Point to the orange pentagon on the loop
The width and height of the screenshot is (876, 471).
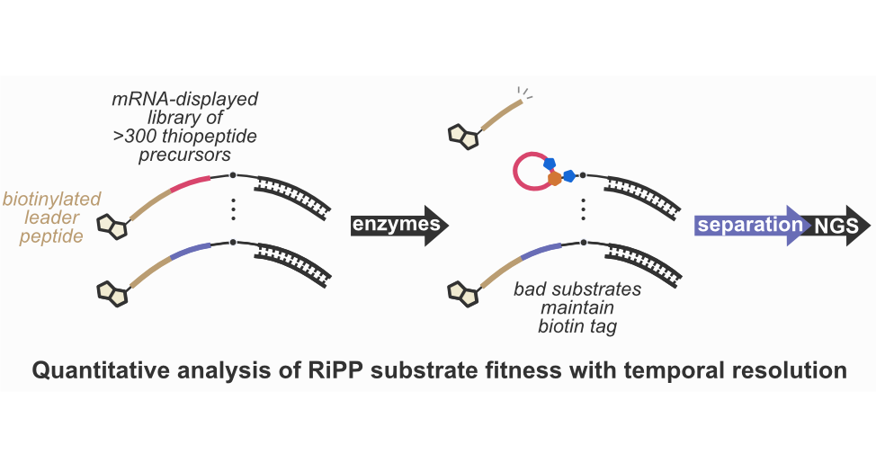pos(555,179)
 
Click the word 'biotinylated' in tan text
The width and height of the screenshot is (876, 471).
pos(52,199)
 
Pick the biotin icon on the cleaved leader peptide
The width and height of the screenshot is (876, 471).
pos(464,136)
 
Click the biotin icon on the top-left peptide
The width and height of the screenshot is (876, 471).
pos(113,226)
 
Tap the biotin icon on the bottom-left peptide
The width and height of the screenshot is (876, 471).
pos(113,289)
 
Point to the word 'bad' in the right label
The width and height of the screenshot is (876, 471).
pos(532,290)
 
